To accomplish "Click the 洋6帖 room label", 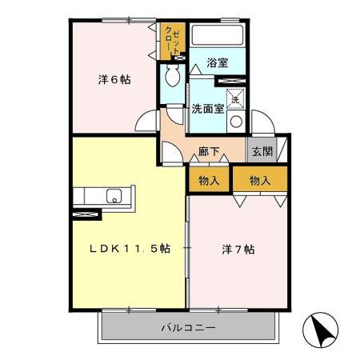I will [114, 79].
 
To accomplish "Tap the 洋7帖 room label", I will [238, 249].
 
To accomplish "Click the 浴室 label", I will [217, 62].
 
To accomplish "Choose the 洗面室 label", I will [207, 109].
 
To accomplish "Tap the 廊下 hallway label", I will [209, 150].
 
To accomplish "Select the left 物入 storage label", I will [209, 181].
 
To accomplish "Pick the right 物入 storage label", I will [260, 181].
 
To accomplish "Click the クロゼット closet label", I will [172, 40].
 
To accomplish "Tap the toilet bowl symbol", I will [172, 78].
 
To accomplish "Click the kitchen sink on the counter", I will [114, 195].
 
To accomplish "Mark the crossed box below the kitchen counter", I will [86, 214].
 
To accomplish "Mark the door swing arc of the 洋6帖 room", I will [146, 121].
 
